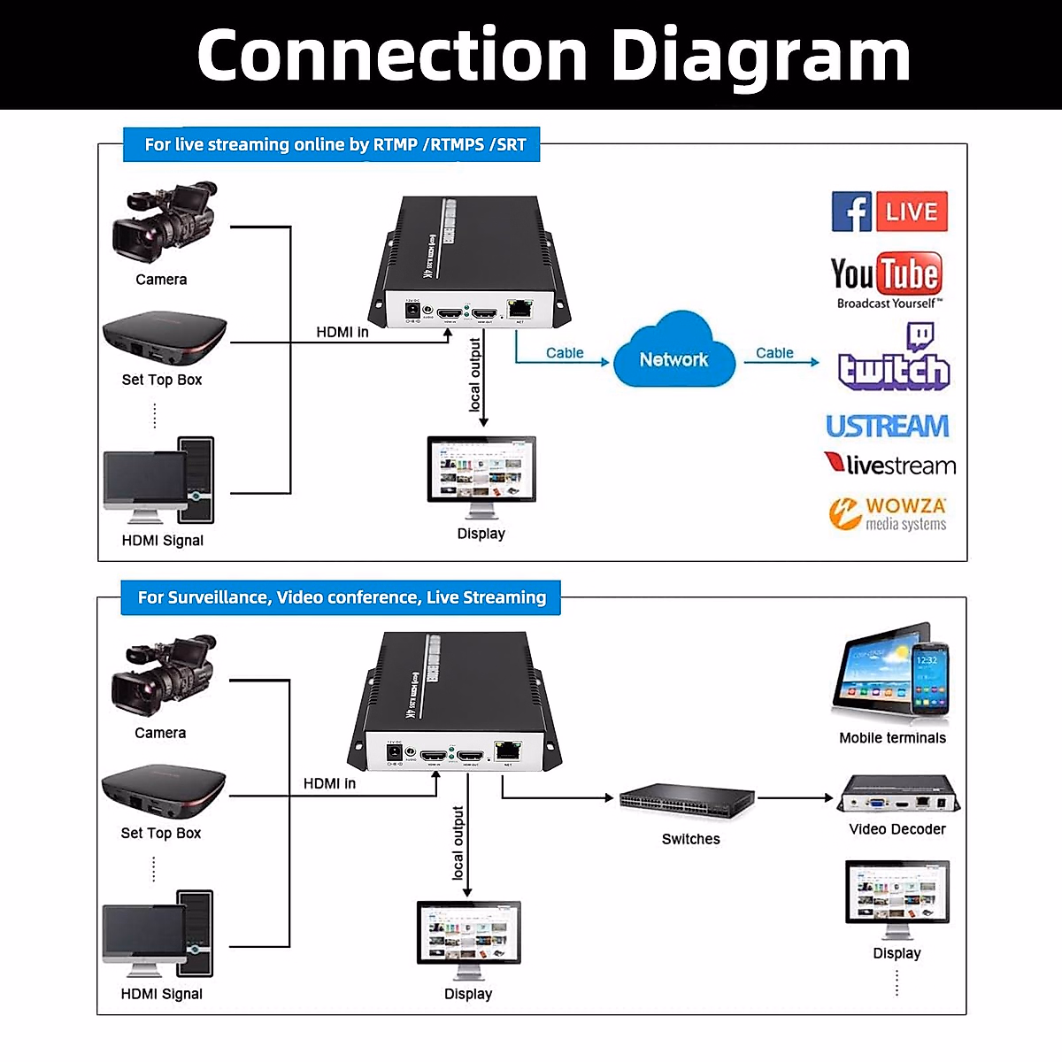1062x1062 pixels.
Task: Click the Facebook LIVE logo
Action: coord(889,212)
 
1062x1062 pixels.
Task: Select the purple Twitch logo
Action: coord(894,358)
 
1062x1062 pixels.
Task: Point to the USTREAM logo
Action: coord(888,427)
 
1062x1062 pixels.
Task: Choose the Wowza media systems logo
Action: coord(888,513)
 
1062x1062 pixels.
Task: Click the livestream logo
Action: coord(889,465)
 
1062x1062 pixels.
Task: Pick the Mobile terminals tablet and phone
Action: coord(891,673)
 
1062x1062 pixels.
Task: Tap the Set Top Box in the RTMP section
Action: coord(165,339)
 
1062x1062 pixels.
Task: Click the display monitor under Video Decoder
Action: coord(897,898)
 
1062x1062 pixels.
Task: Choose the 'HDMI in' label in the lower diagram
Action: coord(329,783)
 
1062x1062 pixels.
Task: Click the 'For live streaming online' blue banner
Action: coord(332,145)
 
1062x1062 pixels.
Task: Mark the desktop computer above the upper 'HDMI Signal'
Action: coord(159,481)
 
